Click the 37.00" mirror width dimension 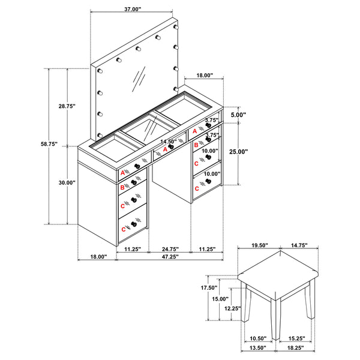(133, 10)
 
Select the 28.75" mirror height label (67, 106)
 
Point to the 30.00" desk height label (67, 182)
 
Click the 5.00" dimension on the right (239, 114)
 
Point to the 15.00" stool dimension (220, 299)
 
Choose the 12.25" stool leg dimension (232, 308)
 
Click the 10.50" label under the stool (259, 338)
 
